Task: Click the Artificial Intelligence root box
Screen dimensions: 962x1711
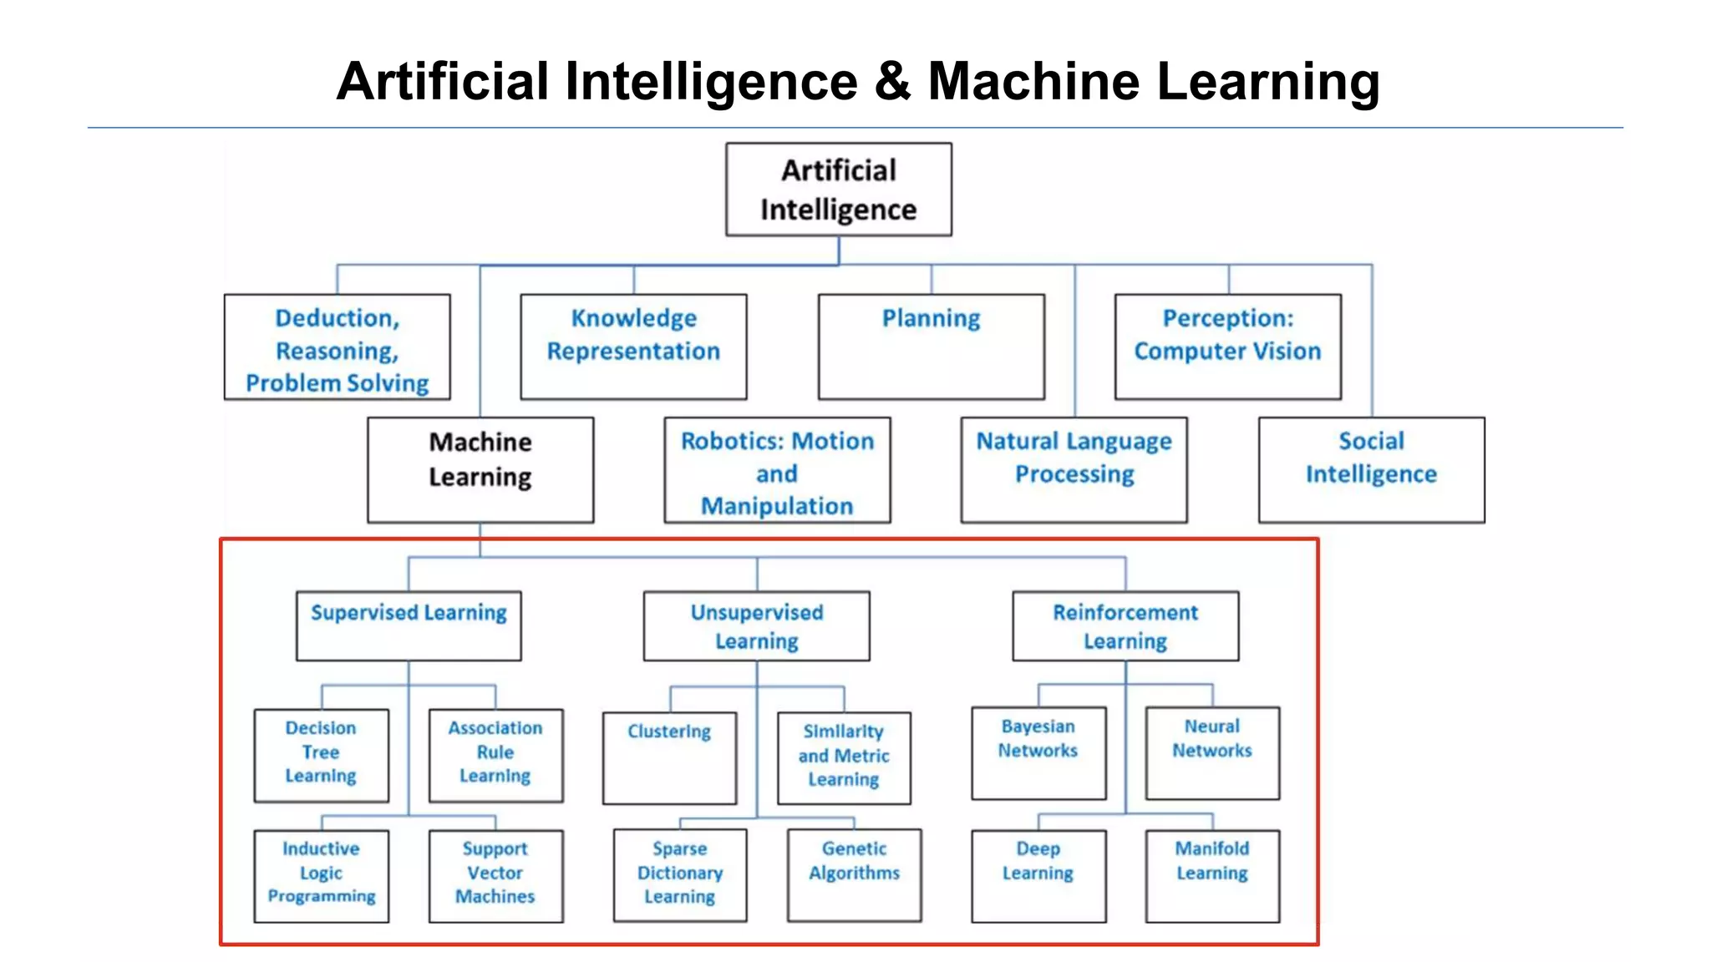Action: coord(838,190)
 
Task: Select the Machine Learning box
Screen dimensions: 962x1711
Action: coord(480,469)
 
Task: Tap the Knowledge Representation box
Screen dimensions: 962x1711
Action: coord(633,346)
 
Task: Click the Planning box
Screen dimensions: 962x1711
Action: coord(931,346)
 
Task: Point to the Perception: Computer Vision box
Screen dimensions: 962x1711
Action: coord(1227,346)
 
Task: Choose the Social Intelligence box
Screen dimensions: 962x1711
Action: coord(1371,469)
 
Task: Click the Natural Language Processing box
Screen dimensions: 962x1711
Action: coord(1074,469)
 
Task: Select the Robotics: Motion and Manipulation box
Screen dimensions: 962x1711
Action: coord(777,469)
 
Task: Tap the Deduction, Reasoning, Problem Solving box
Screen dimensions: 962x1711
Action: coord(337,346)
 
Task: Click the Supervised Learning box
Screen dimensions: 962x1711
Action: coord(409,625)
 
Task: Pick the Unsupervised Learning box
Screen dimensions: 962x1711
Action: coord(756,625)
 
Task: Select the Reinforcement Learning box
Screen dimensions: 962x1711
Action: coord(1125,625)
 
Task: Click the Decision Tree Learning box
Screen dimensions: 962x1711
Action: coord(321,755)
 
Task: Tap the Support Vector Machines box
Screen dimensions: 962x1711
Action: coord(495,875)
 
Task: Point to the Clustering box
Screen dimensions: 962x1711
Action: coord(669,757)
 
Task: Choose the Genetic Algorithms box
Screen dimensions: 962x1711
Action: coord(854,874)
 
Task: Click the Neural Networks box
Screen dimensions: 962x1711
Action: coord(1211,752)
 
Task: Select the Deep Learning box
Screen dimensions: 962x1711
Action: coord(1038,875)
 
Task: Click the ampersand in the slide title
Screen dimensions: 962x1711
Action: coord(892,82)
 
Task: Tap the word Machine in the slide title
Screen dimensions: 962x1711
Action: coord(1033,82)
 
